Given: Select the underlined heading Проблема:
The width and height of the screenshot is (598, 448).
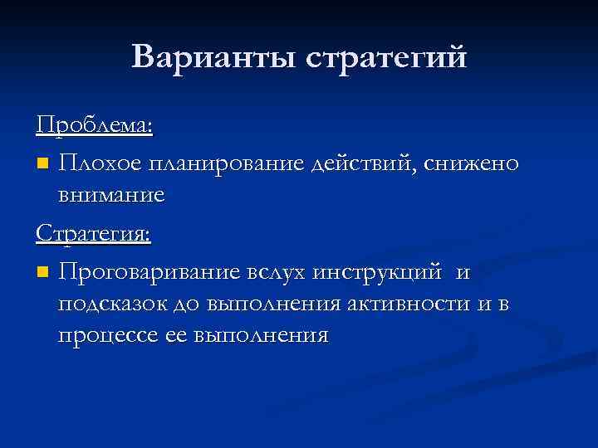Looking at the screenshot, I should tap(94, 125).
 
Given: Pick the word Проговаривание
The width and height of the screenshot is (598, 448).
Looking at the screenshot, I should tap(149, 272).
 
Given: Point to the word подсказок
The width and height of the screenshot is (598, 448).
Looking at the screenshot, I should tap(112, 304).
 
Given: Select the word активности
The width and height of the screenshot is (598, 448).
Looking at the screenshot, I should tap(409, 304).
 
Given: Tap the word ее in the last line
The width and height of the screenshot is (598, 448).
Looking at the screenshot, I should tap(173, 336).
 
